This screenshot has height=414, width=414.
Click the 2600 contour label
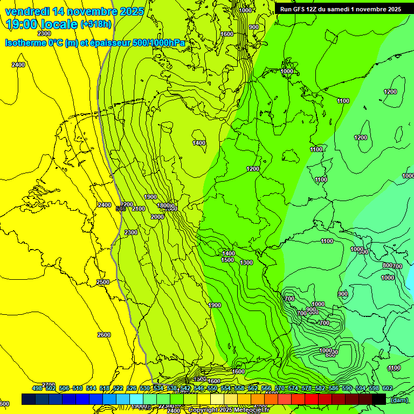(x=104, y=335)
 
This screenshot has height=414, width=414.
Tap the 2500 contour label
(x=103, y=282)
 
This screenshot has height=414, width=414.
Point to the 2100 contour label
(x=139, y=209)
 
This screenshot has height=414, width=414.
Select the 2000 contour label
(x=157, y=217)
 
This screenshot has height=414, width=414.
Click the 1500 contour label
(x=227, y=260)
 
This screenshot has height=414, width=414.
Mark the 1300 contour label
(x=246, y=263)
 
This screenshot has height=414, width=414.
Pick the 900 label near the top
(x=253, y=27)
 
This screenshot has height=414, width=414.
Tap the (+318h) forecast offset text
(x=96, y=24)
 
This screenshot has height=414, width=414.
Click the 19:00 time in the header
(x=20, y=24)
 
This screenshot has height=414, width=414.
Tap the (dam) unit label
(x=399, y=399)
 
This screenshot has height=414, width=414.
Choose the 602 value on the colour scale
(x=387, y=388)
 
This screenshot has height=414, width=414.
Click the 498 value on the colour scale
(x=37, y=388)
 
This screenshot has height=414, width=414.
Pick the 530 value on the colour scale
(x=145, y=388)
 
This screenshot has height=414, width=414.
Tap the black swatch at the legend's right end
(x=379, y=399)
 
